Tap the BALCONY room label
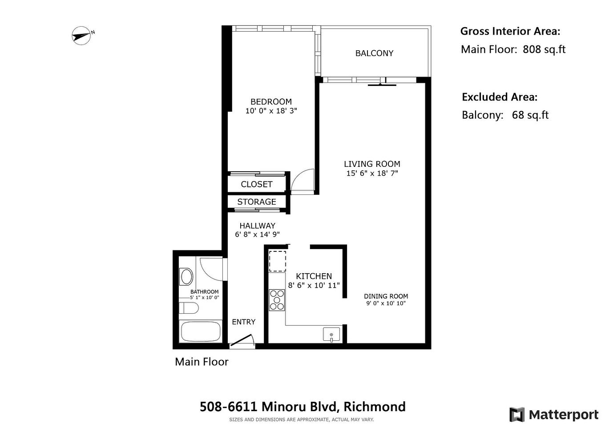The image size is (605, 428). pos(374,53)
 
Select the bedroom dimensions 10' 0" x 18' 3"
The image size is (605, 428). pos(271,111)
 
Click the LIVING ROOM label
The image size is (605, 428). pos(372,164)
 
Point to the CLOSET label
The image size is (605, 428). pos(256,184)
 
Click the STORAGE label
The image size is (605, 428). pos(256,202)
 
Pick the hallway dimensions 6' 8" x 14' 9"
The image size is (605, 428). pos(257,234)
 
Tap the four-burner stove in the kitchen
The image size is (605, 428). pos(277,299)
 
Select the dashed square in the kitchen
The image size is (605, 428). pos(278,261)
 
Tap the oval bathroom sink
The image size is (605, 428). pos(186,276)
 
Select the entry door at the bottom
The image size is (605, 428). pos(242,341)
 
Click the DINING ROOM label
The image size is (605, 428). pos(386,296)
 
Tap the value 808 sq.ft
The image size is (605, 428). pos(544,49)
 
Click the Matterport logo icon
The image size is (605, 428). pos(517,415)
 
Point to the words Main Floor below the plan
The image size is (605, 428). pos(202,362)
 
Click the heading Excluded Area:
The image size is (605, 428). pos(499,97)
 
